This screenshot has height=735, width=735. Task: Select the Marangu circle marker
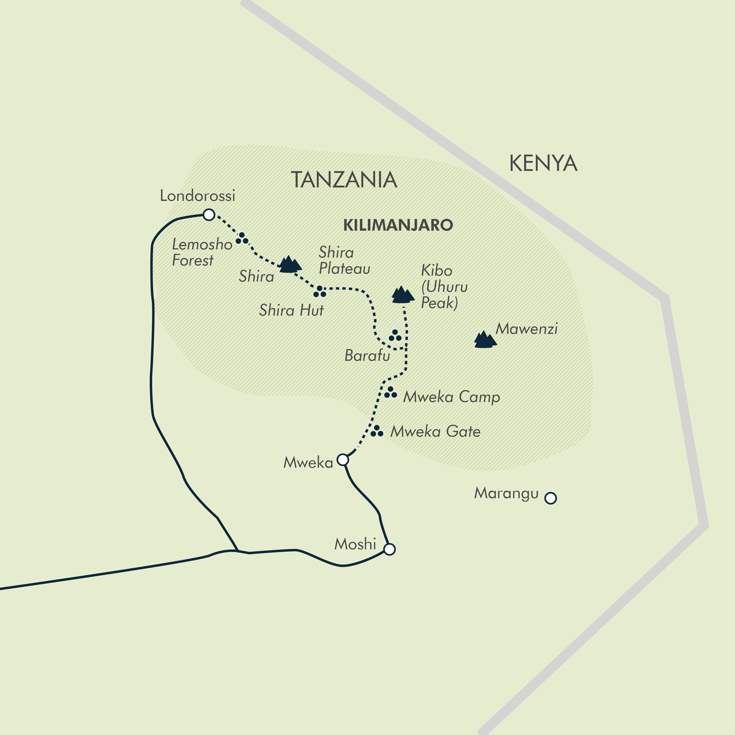coord(550,498)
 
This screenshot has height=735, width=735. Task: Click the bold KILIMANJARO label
coord(398,225)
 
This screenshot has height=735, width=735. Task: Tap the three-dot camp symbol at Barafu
coord(395,336)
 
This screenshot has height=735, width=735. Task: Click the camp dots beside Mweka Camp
coord(390,393)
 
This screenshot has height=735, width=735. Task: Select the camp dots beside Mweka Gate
coord(377,431)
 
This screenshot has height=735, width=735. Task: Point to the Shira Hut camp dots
coord(320,292)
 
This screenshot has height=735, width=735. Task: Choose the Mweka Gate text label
coord(435,431)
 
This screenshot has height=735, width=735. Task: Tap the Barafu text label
coord(367,355)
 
